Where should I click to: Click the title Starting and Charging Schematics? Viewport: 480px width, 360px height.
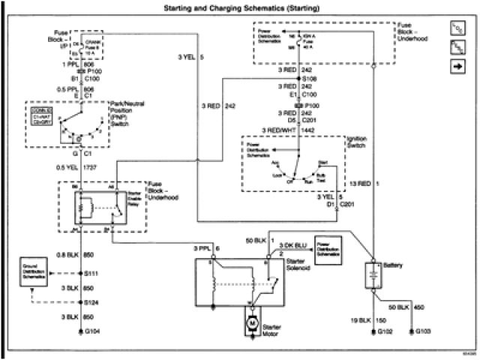240,8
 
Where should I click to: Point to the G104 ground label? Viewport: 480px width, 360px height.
92,331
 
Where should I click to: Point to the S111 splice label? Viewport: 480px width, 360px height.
92,274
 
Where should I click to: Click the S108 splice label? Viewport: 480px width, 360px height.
308,77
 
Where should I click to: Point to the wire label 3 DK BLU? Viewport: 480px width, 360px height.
292,246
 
